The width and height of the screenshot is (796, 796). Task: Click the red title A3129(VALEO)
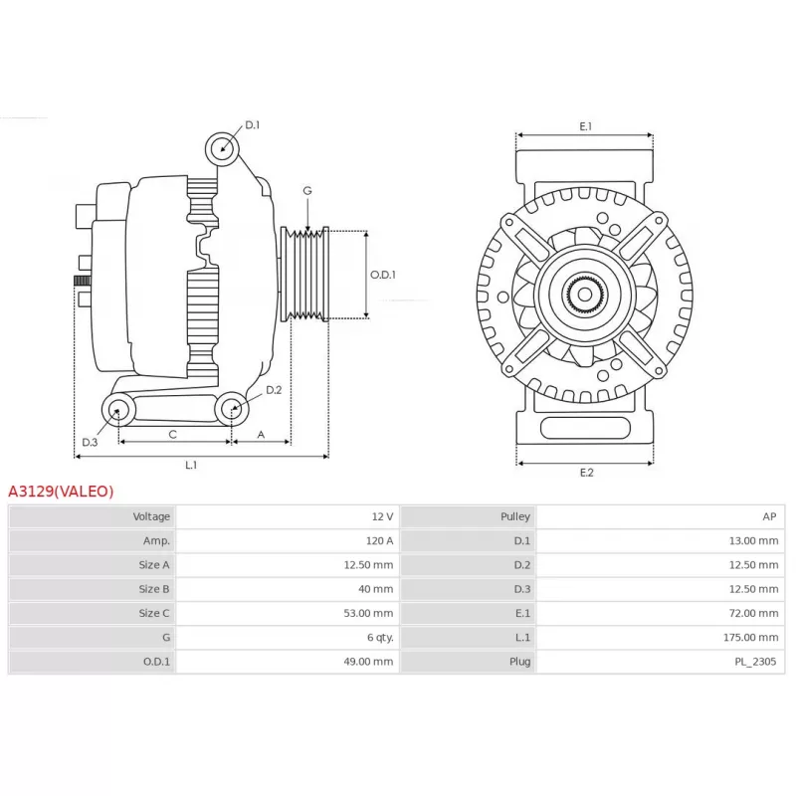click(61, 492)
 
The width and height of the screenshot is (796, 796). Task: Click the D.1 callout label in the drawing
click(253, 125)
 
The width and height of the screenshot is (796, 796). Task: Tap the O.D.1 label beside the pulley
click(383, 275)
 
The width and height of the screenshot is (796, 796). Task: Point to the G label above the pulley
click(307, 191)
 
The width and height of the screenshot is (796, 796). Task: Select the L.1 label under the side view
click(191, 465)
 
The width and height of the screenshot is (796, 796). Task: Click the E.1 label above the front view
click(586, 126)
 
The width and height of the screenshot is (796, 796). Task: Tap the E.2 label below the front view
click(586, 473)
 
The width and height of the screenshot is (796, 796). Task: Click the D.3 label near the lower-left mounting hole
click(90, 442)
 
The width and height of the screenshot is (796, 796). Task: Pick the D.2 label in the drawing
click(274, 390)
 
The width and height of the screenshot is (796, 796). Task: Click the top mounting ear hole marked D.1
click(222, 148)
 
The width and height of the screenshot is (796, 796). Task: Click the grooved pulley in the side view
click(305, 275)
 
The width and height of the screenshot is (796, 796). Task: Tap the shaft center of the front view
click(585, 294)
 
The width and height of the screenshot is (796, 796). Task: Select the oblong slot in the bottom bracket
click(585, 428)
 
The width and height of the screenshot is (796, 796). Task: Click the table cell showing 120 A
click(379, 540)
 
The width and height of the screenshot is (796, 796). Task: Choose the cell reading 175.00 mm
click(751, 637)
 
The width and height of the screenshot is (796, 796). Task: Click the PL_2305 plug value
click(755, 662)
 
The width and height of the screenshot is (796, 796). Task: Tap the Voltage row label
click(151, 516)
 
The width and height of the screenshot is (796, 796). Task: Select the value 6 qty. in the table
click(380, 637)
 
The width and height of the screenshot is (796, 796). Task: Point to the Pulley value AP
click(769, 516)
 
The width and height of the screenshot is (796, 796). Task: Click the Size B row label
click(154, 589)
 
